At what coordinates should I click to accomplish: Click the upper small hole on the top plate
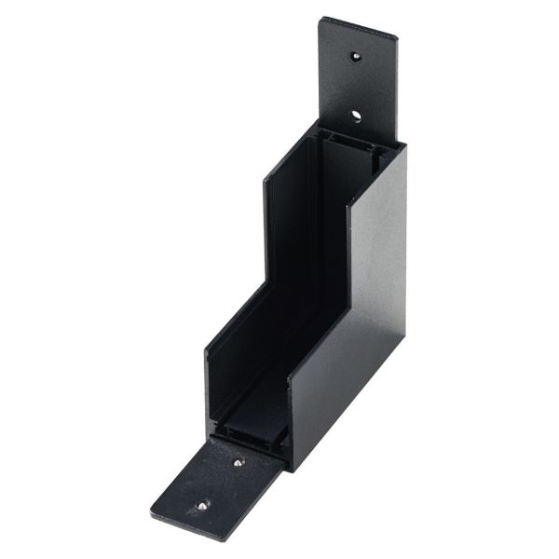coord(356,57)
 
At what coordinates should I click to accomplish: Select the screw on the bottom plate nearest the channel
coord(239,461)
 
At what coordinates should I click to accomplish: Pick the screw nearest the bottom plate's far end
coord(202,506)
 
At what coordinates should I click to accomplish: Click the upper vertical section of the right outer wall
coord(378,233)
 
